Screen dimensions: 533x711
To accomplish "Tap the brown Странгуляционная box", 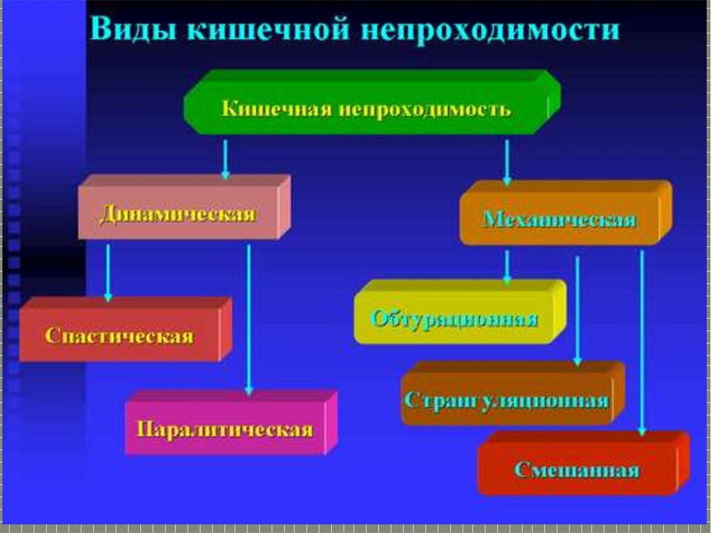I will pos(507,400).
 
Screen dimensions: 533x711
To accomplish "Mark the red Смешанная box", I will pos(577,470).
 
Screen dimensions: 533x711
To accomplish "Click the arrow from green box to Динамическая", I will pos(225,159).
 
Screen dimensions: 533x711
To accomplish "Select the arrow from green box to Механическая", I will pos(508,162).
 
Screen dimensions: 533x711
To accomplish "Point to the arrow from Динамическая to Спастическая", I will pos(108,272).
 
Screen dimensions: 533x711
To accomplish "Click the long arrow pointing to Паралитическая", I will pos(249,320).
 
